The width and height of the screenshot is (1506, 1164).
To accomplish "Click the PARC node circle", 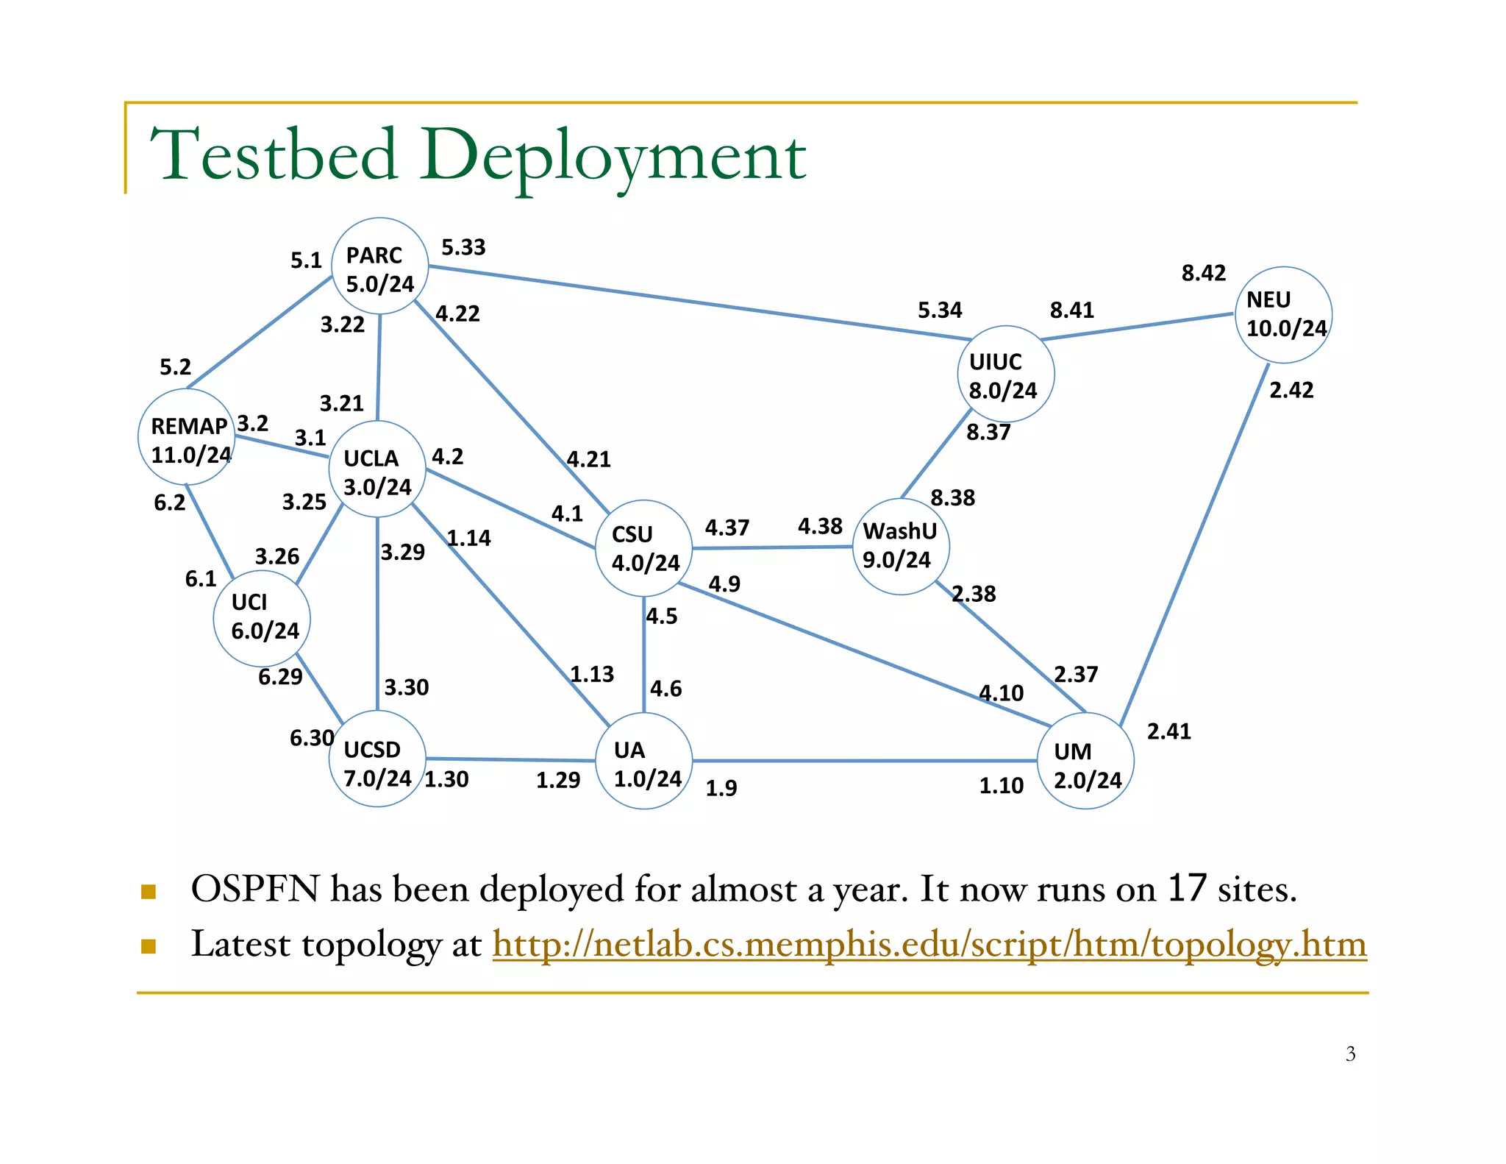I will point(379,266).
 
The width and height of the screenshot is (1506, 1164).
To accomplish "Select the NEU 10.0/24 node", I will point(1284,315).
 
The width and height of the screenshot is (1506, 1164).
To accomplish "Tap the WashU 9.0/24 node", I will point(901,547).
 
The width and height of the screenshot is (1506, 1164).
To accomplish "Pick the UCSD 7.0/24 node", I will point(377,759).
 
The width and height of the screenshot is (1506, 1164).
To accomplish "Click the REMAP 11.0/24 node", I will point(187,438).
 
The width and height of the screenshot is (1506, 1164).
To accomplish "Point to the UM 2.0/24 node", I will point(1085,762).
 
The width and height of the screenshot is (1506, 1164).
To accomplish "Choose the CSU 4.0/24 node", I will point(643,549).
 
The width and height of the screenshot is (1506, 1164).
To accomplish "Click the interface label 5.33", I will point(463,248).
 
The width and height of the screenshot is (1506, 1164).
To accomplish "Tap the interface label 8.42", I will point(1204,274).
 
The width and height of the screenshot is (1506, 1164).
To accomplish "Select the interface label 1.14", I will point(469,539).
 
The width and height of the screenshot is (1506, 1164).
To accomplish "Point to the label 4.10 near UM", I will point(1001,693).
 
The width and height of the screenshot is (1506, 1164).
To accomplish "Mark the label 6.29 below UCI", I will point(280,677).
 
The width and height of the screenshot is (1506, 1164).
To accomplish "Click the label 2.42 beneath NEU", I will point(1291,390).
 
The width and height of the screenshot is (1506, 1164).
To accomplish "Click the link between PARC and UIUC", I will point(699,303).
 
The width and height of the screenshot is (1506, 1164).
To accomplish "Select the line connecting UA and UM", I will point(864,762).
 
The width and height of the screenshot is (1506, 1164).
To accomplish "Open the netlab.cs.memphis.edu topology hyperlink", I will point(929,945).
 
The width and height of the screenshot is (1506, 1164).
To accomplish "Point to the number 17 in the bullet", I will point(1187,889).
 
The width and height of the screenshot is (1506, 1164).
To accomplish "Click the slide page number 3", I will point(1350,1054).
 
